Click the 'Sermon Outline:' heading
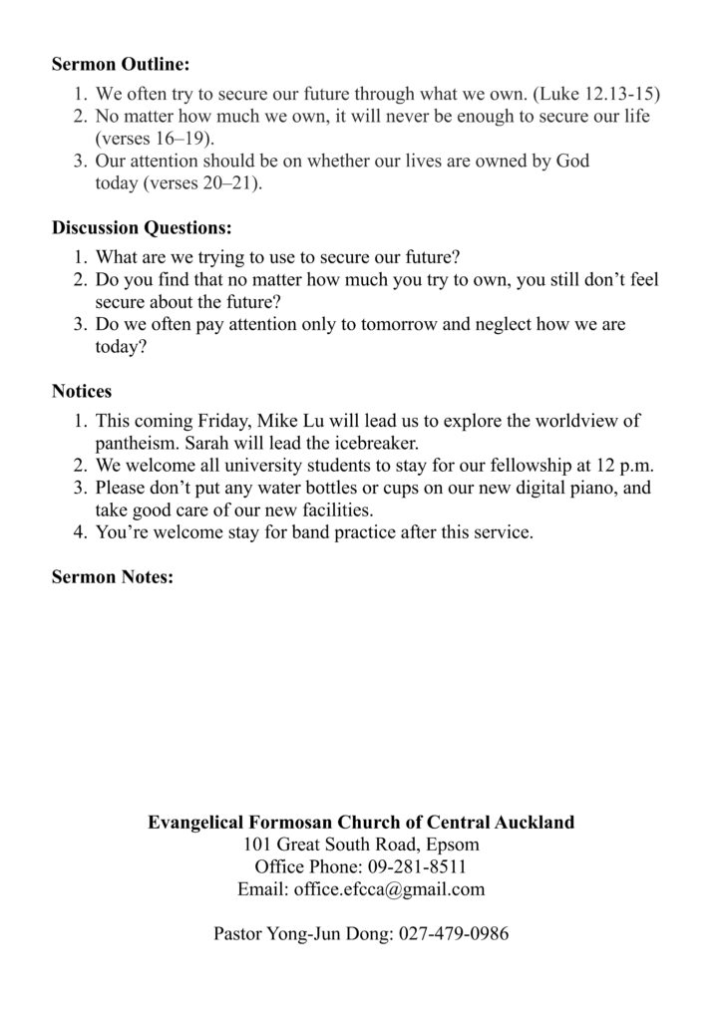pyautogui.click(x=121, y=66)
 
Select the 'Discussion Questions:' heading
pyautogui.click(x=142, y=228)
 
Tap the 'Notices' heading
pyautogui.click(x=82, y=392)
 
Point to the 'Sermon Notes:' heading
pyautogui.click(x=113, y=577)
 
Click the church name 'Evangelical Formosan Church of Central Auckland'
pyautogui.click(x=361, y=824)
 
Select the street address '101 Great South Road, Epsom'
pyautogui.click(x=361, y=846)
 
